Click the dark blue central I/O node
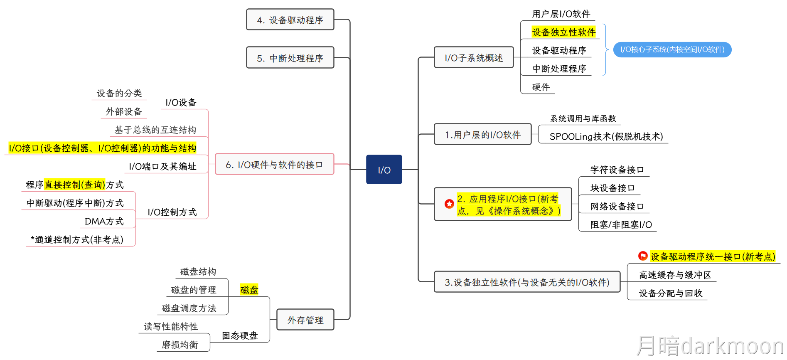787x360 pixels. click(x=384, y=169)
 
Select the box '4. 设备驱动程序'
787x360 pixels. click(x=290, y=20)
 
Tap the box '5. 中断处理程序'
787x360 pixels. click(x=290, y=58)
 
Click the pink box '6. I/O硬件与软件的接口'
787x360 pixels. click(x=274, y=164)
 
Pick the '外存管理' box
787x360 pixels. click(x=305, y=320)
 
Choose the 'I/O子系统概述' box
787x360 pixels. click(x=474, y=57)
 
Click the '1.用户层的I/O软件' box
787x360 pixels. click(x=482, y=134)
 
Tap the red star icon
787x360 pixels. click(x=449, y=204)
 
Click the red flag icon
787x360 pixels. click(x=643, y=256)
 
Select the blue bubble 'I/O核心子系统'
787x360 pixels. click(x=672, y=49)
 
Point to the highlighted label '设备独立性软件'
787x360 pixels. click(x=563, y=32)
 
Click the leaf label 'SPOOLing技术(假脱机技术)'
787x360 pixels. click(x=606, y=136)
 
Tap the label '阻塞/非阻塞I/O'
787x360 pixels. click(x=621, y=224)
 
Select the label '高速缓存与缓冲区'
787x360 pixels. click(x=675, y=275)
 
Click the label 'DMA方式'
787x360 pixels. click(x=104, y=221)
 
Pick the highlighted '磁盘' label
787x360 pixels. click(x=249, y=289)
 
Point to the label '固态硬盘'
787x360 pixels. click(x=240, y=335)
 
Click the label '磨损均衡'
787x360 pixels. click(x=180, y=345)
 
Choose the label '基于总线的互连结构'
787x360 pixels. click(x=155, y=130)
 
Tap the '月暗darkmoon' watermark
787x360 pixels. click(x=710, y=346)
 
